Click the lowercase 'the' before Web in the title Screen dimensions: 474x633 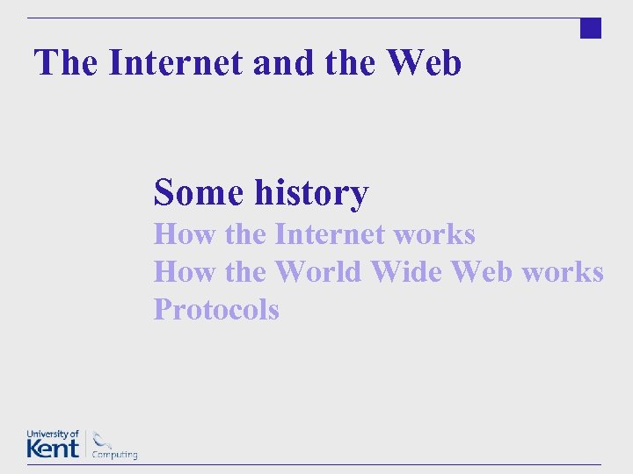(335, 62)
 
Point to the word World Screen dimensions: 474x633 (317, 272)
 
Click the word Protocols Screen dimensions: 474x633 (216, 310)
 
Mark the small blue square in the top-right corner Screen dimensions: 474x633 (591, 28)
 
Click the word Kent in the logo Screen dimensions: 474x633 (53, 448)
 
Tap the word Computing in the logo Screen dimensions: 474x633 (115, 455)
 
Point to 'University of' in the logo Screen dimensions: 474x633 (53, 434)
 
